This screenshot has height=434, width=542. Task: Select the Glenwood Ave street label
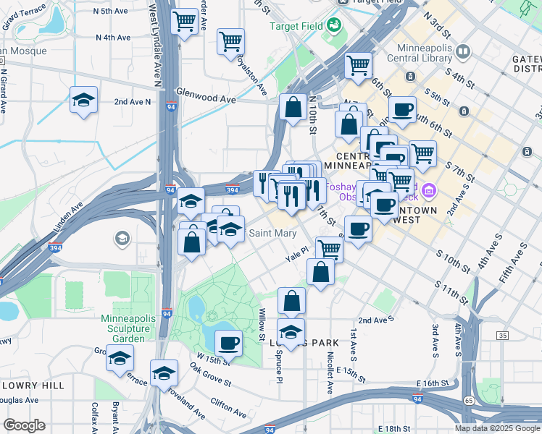[x=207, y=98]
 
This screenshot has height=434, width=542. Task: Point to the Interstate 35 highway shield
[x=502, y=336]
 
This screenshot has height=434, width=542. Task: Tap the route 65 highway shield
[x=468, y=399]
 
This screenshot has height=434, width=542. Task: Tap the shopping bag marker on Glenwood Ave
[x=293, y=108]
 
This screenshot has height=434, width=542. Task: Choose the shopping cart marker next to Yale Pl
[x=330, y=249]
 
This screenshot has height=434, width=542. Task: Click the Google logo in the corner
[x=24, y=425]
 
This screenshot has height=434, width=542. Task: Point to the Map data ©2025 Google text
[x=496, y=428]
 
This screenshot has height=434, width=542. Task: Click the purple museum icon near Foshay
[x=428, y=191]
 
